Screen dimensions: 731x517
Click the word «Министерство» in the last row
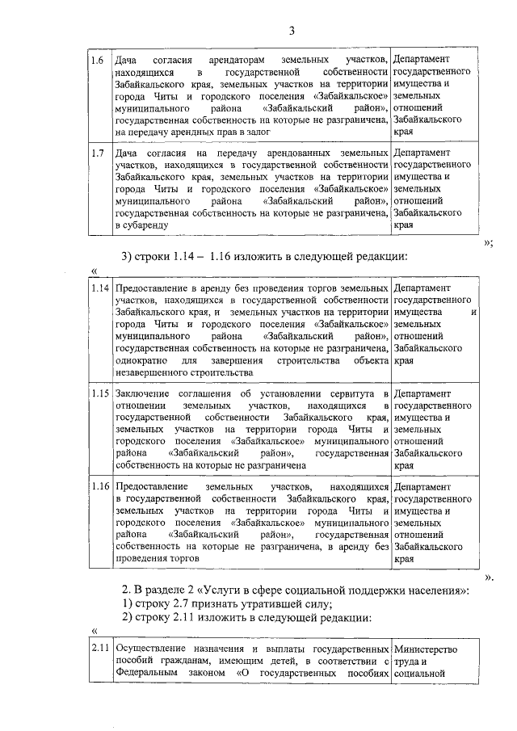tap(427, 649)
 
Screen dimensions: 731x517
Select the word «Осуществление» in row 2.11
tap(152, 649)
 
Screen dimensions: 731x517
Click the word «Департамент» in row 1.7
tap(425, 153)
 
